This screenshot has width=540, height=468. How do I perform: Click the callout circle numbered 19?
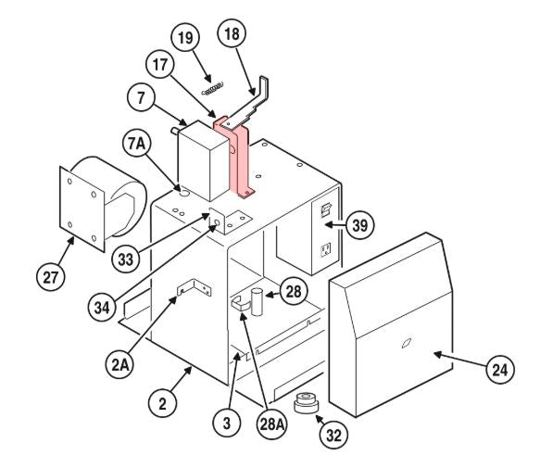[185, 38]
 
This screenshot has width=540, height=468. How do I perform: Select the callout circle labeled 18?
[232, 33]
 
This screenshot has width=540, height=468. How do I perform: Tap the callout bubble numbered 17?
[160, 65]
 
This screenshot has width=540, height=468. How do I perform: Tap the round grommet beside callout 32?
[307, 403]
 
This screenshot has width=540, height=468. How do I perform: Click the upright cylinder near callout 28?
[257, 302]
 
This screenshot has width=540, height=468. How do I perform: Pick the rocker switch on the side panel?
[326, 209]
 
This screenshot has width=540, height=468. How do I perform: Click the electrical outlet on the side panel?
[325, 250]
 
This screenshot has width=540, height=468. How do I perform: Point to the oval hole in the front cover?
[407, 343]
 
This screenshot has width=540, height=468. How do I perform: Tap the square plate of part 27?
[82, 209]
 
